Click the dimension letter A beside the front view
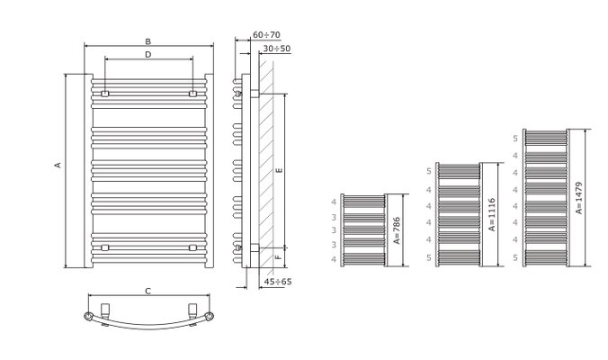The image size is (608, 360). [58, 165]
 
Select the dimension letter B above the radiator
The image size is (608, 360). [148, 41]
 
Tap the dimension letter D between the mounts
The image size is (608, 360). [148, 55]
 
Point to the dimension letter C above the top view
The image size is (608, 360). [148, 292]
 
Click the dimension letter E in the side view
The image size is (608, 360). [279, 170]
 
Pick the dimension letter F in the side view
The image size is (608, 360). [279, 257]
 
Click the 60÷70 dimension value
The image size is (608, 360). [266, 35]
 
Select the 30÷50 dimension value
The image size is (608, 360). [277, 49]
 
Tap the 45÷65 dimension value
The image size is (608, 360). [278, 282]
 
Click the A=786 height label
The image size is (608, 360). [397, 230]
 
